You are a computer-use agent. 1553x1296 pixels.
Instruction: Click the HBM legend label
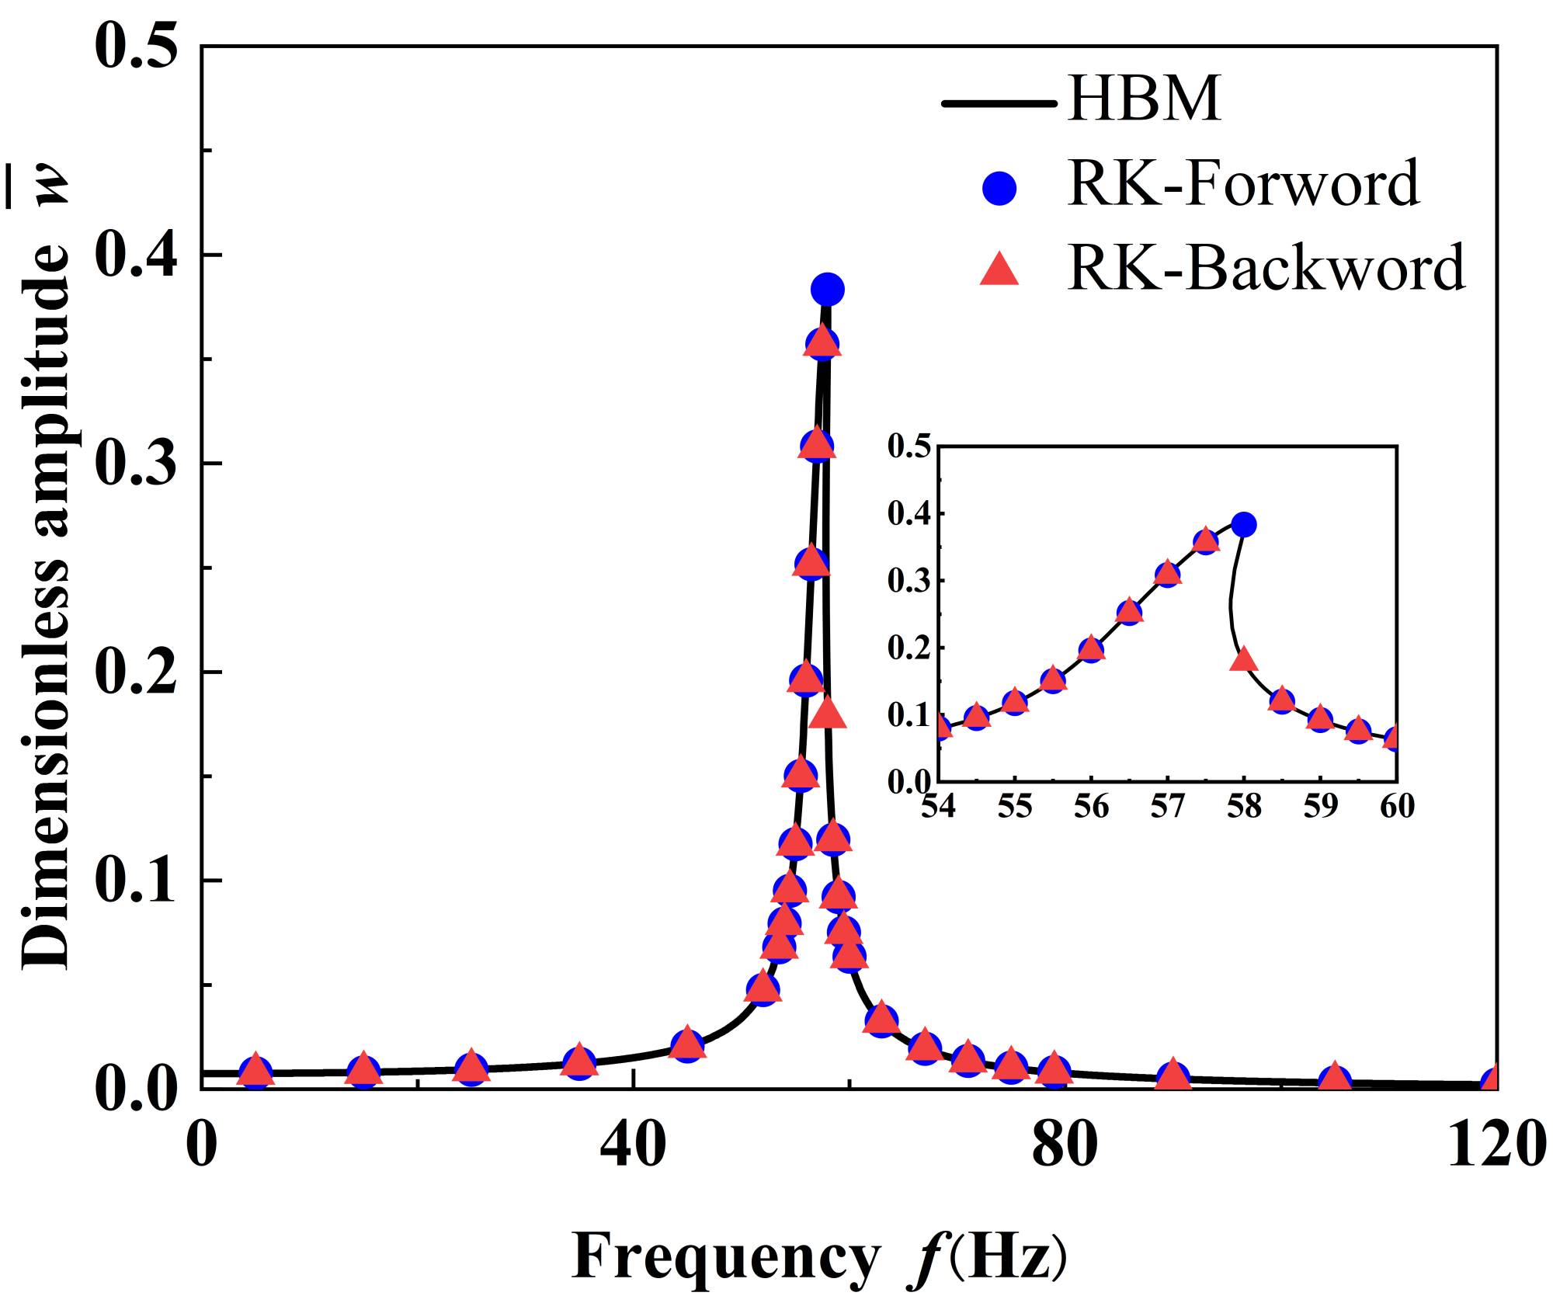(1145, 100)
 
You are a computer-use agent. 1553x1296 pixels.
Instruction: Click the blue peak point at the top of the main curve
(828, 290)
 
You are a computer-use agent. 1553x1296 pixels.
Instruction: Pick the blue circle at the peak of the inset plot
(1243, 524)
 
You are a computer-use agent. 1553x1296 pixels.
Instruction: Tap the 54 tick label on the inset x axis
(940, 807)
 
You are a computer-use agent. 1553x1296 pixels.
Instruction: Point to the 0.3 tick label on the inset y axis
(910, 581)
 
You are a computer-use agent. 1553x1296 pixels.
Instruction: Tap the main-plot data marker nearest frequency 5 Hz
(256, 1070)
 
